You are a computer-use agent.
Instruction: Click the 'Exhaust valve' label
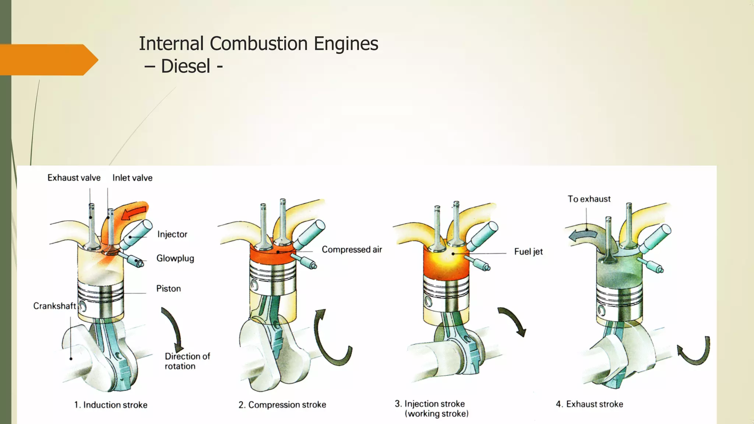tap(74, 178)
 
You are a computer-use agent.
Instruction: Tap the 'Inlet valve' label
tap(132, 178)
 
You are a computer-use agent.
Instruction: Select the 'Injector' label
tap(172, 234)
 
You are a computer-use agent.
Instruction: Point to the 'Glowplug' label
tap(175, 258)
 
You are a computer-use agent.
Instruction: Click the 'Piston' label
tap(168, 288)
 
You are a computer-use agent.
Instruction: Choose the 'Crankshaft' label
tap(54, 306)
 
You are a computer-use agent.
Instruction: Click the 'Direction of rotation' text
tap(187, 361)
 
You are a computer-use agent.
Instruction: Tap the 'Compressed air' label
tap(352, 250)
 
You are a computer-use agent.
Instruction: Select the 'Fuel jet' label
tap(528, 252)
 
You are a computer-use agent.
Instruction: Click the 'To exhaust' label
tap(589, 199)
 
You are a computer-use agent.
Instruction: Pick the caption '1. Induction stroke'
tap(110, 405)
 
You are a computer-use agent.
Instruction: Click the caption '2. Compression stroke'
tap(282, 405)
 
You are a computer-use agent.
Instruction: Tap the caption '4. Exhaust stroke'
tap(589, 404)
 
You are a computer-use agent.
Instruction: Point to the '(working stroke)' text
tap(437, 414)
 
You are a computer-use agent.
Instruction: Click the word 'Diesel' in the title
tap(186, 66)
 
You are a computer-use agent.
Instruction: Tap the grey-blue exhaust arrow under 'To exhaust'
tap(582, 235)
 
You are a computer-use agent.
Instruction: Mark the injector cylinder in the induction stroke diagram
tap(136, 234)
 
